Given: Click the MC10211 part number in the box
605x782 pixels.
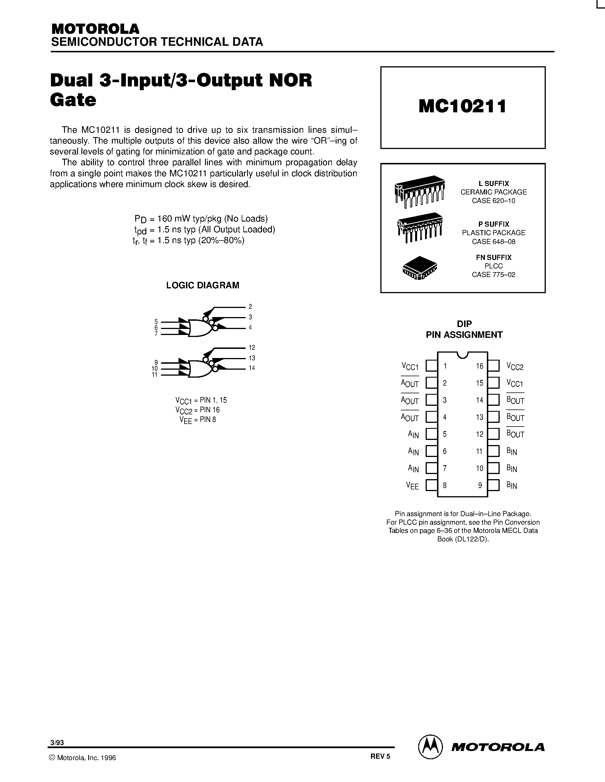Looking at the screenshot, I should (x=462, y=106).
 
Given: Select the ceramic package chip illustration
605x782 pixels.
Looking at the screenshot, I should (x=420, y=191).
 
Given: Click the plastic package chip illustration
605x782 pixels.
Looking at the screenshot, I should (x=420, y=227).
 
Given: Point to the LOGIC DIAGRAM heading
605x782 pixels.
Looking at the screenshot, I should (x=202, y=286).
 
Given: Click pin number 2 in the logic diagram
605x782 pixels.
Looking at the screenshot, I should (x=250, y=307).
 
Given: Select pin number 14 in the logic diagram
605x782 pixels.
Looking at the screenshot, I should (x=252, y=368).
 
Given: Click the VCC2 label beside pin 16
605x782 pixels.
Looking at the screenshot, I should (x=515, y=366).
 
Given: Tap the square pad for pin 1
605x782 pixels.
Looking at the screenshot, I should (x=432, y=366).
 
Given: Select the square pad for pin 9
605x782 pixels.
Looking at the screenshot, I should (x=493, y=485).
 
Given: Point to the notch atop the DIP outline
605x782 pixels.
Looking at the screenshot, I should (x=463, y=355).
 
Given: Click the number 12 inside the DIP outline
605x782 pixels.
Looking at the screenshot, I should (x=479, y=434).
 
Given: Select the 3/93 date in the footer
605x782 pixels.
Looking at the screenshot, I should (x=57, y=742).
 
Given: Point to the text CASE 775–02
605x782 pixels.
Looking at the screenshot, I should (x=493, y=275).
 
